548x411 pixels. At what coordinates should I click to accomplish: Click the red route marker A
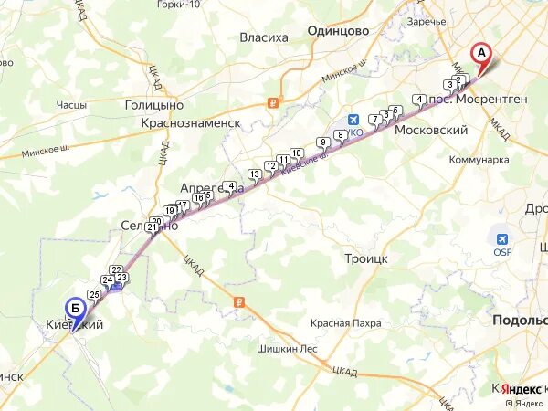[x=481, y=53]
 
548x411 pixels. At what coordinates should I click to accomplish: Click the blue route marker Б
[x=74, y=309]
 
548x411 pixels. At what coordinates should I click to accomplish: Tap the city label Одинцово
[x=338, y=30]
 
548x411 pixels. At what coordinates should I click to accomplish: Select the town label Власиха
[x=264, y=37]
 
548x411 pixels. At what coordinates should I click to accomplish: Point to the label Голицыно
[x=154, y=105]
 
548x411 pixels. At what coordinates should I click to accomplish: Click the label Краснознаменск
[x=190, y=122]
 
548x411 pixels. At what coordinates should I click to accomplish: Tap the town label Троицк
[x=366, y=258]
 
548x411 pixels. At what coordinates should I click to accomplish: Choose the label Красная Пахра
[x=345, y=323]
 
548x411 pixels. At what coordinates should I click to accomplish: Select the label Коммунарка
[x=479, y=159]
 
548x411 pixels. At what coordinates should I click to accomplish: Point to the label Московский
[x=431, y=131]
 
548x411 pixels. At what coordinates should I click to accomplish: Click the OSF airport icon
[x=502, y=237]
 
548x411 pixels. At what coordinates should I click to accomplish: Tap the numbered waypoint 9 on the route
[x=322, y=142]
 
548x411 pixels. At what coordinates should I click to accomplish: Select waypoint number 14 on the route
[x=229, y=186]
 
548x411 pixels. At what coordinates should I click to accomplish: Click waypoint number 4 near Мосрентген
[x=418, y=100]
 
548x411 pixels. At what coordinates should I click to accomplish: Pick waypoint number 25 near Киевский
[x=94, y=293]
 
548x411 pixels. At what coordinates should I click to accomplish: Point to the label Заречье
[x=427, y=21]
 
